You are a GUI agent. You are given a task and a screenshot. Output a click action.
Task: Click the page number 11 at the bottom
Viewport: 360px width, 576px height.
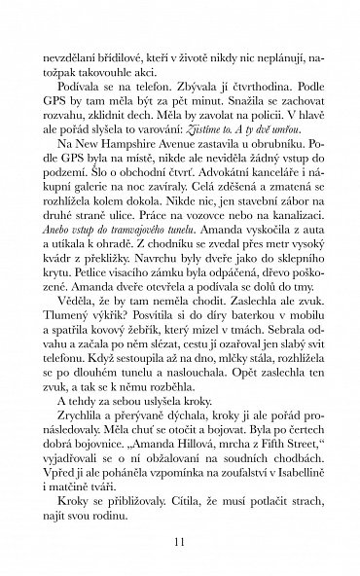pyautogui.click(x=179, y=541)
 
